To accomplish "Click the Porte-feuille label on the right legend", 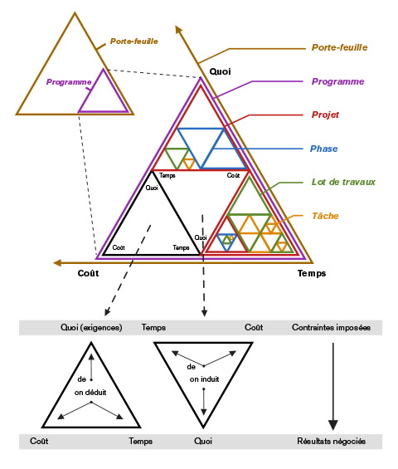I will (339, 48).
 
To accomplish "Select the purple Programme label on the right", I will (337, 81).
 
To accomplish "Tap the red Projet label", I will (326, 115).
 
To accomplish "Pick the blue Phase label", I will (324, 149).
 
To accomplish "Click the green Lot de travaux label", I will (343, 182).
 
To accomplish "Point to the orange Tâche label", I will (325, 216).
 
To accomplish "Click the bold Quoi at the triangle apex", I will (220, 71).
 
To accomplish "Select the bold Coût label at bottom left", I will (88, 273).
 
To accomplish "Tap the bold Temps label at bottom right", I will (312, 273).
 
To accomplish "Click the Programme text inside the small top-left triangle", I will (68, 82).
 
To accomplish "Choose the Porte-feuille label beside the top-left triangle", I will (133, 41).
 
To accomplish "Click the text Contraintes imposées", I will (331, 328).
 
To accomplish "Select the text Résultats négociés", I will (331, 442).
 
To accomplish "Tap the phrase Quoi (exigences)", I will (91, 328).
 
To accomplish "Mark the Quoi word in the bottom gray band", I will (203, 442).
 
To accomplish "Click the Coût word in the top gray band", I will (254, 328).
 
